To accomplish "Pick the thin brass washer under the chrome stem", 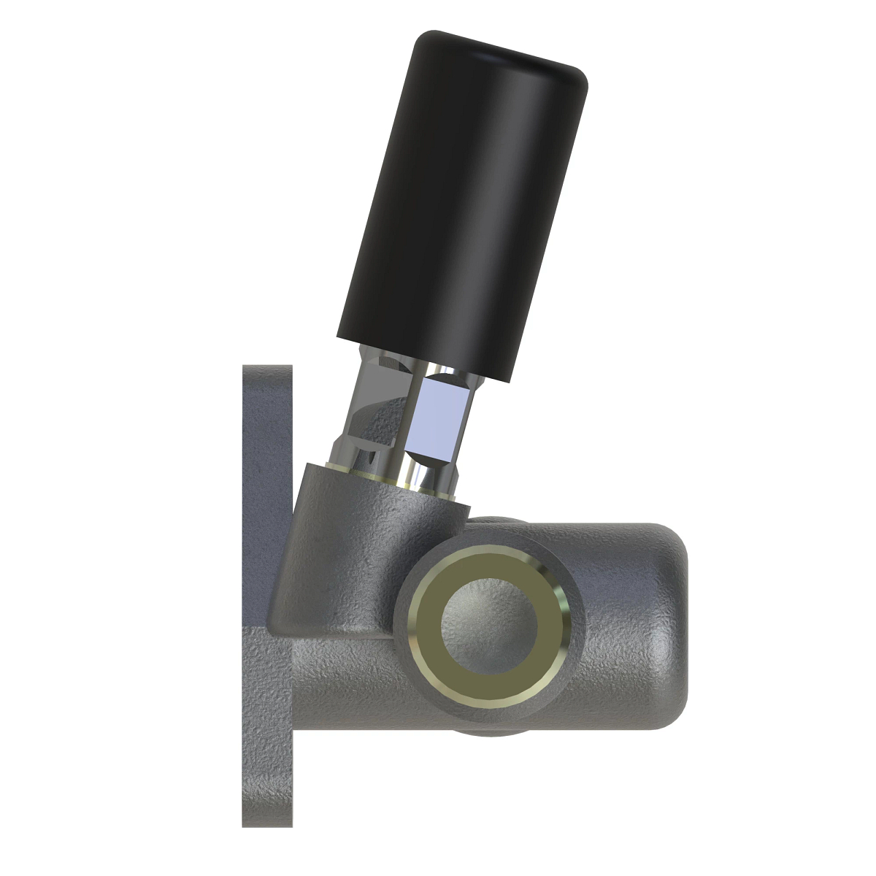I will (x=380, y=474).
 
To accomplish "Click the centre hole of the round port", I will (x=489, y=624).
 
